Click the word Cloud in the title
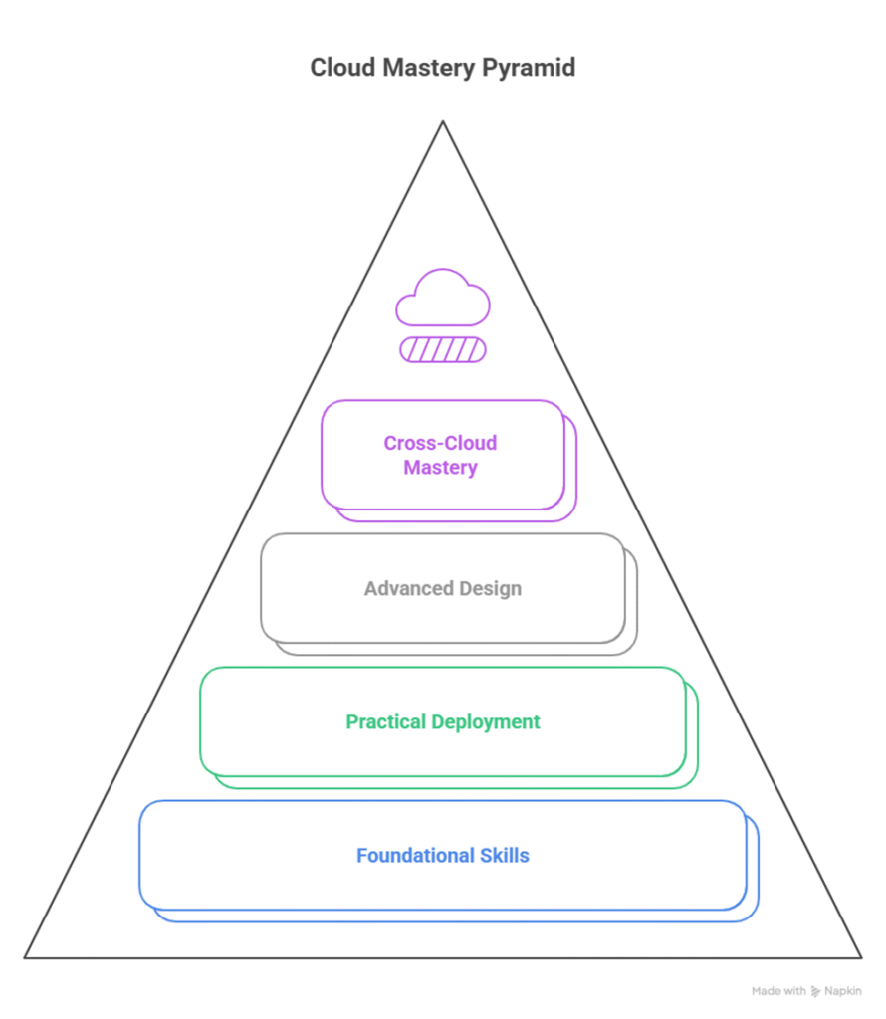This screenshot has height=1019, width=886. (337, 69)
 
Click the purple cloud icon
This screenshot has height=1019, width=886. (443, 298)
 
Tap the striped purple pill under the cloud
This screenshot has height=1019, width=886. (443, 349)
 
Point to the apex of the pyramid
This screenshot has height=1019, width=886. (443, 122)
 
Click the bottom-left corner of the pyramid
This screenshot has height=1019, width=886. (26, 957)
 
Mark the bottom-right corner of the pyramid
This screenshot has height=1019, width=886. (861, 957)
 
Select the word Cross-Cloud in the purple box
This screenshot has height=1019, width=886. (440, 443)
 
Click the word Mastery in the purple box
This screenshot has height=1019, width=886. (440, 467)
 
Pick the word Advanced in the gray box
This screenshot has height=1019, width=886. (402, 588)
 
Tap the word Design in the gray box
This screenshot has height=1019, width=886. (489, 588)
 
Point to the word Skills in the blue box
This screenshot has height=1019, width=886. (502, 855)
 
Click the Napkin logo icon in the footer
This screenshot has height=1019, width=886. (815, 991)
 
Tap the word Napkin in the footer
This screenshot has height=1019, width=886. (843, 991)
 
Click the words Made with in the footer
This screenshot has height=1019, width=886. (778, 991)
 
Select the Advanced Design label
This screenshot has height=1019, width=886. (443, 588)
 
